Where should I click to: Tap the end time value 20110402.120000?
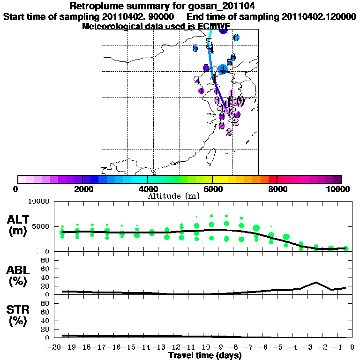319,16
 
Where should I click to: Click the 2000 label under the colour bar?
82,189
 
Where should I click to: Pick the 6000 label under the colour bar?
212,189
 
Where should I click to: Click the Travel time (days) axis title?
205,356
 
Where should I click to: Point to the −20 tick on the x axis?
55,347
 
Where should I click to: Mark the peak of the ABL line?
316,282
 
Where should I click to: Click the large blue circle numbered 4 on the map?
223,69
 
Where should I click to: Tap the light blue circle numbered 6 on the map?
236,37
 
